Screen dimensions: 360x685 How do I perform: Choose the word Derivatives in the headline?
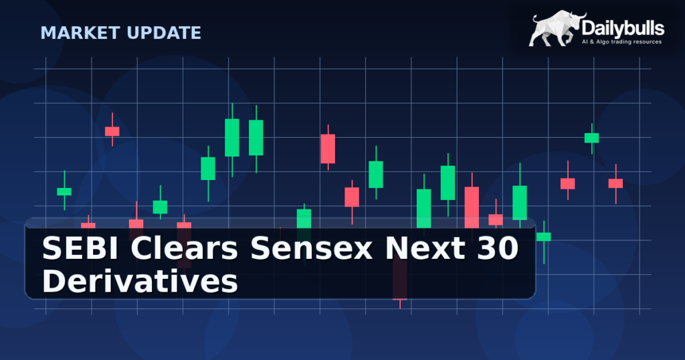click(x=140, y=281)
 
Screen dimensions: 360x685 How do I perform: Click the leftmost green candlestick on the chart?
click(x=64, y=191)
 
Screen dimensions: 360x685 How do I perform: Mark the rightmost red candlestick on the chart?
click(x=615, y=183)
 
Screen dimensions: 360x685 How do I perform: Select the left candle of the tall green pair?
click(x=232, y=138)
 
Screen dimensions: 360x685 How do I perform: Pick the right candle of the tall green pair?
click(x=256, y=137)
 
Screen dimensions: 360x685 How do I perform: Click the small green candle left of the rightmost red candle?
click(x=591, y=138)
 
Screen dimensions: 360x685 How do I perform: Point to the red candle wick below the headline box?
click(x=400, y=304)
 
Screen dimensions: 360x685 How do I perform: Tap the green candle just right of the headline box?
click(x=544, y=237)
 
